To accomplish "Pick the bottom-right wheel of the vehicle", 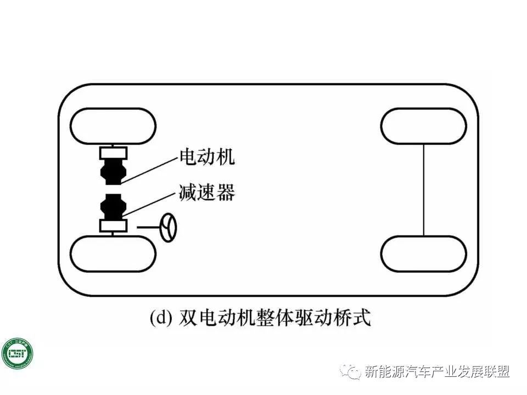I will coord(423,253).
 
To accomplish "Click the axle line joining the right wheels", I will coord(423,190).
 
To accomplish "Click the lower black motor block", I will coord(113,207).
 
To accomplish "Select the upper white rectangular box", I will coord(113,153).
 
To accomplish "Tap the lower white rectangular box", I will coord(113,225).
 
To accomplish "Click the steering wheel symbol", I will coord(169,227).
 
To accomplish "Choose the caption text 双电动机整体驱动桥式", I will coord(274,319).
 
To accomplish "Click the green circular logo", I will coord(17,354).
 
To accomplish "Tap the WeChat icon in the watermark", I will coord(350,371).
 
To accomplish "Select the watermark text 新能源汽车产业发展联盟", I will coord(437,372).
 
